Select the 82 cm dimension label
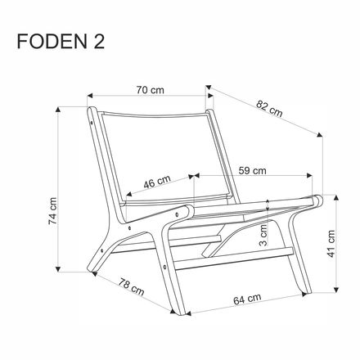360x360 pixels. (268, 107)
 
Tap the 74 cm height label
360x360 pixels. (52, 209)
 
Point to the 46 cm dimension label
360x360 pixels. (157, 182)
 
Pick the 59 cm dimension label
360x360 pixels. (253, 172)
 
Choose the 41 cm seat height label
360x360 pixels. (331, 241)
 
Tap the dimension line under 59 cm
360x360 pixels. (254, 177)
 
